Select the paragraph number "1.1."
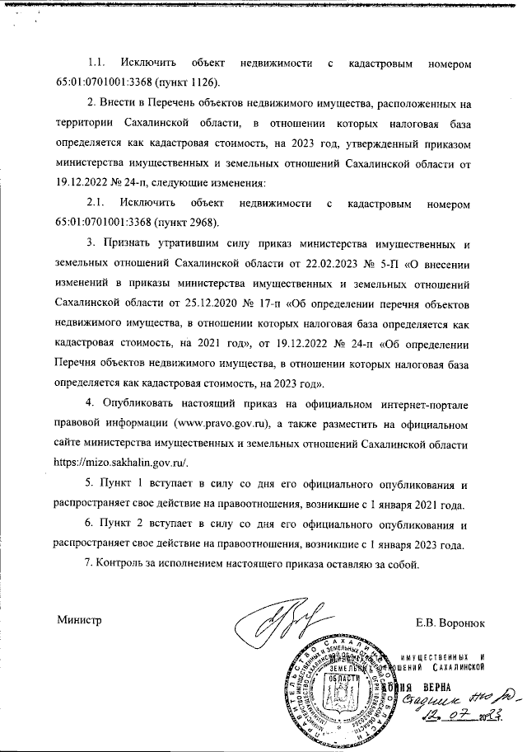[x=97, y=63]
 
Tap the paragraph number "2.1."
[x=97, y=202]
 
